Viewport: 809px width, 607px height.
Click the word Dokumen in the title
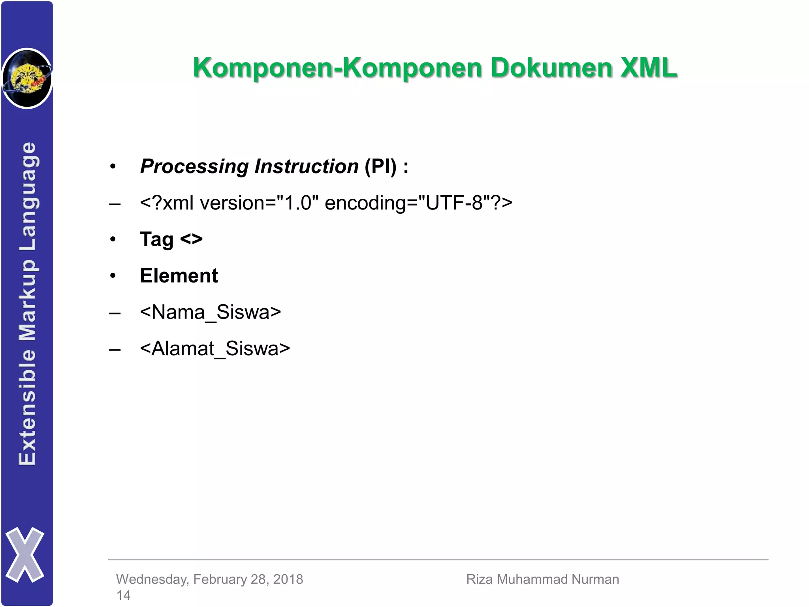(550, 68)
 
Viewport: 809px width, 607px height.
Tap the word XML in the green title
(649, 68)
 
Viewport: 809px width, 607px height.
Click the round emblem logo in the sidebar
(27, 78)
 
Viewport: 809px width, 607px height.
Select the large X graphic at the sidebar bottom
(25, 554)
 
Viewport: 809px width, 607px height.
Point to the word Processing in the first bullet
(194, 166)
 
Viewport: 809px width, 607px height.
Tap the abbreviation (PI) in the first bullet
(380, 166)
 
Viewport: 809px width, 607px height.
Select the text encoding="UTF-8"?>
(418, 203)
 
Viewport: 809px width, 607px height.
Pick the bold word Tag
(157, 239)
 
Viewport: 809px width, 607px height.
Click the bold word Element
(179, 275)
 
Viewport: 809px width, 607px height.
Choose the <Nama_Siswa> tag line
(210, 312)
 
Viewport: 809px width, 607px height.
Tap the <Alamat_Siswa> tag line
(215, 349)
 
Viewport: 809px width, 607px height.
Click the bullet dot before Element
(113, 276)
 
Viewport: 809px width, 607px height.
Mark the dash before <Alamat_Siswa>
(115, 349)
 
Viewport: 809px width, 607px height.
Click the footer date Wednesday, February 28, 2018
(209, 579)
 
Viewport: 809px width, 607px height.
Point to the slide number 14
(123, 595)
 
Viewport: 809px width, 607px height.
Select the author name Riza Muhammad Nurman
(542, 579)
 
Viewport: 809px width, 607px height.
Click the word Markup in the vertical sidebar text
(28, 300)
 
